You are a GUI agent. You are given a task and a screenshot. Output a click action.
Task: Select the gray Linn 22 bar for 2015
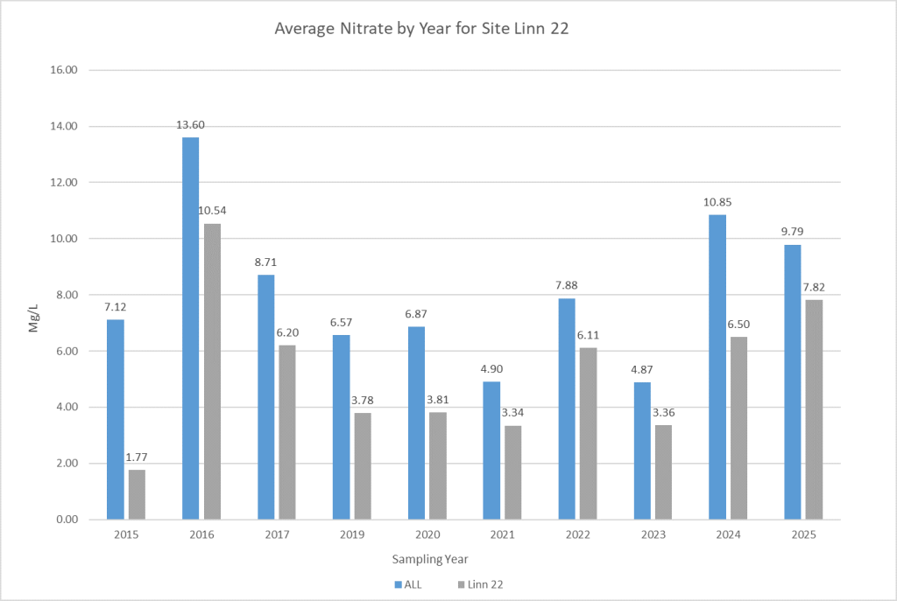coord(137,494)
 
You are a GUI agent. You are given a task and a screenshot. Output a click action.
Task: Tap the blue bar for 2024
coord(717,367)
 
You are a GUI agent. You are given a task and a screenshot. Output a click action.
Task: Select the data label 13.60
coord(190,125)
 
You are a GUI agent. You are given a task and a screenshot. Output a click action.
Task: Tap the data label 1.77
coord(138,457)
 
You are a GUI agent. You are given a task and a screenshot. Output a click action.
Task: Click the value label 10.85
coord(717,202)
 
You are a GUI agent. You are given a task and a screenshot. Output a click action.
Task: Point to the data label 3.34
coord(512,413)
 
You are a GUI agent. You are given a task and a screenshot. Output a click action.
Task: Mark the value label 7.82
coord(814,287)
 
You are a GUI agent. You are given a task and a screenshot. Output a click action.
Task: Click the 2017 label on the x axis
coord(276,535)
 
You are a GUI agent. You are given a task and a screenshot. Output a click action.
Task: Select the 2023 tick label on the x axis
coord(653,535)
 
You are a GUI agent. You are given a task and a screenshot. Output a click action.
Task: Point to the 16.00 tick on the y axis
coord(67,70)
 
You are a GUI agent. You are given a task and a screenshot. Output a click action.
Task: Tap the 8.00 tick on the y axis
coord(67,295)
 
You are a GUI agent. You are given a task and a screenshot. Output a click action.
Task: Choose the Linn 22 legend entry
coord(484,584)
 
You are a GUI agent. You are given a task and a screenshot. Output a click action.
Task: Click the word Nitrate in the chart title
coord(363,29)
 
